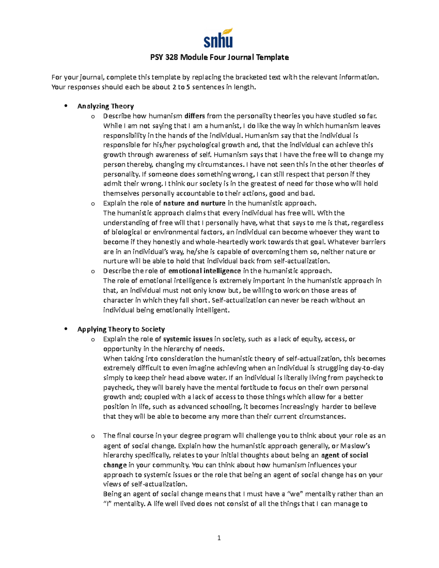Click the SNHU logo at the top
coord(218,38)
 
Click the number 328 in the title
coord(172,57)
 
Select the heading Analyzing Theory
coord(105,106)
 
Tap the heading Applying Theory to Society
coord(121,329)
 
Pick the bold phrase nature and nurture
coord(194,203)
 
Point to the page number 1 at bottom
coord(219,538)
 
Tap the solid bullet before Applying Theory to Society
coord(66,329)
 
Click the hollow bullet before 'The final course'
coord(93,436)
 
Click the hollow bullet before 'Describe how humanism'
coord(93,117)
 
